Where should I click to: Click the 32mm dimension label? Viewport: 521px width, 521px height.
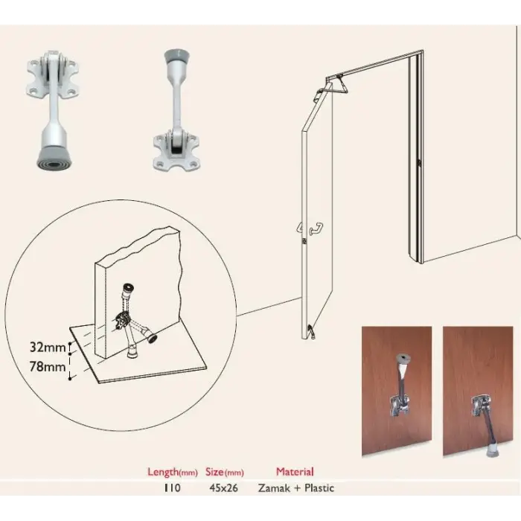[x=48, y=348]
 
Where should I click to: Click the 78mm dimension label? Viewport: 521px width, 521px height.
[x=48, y=367]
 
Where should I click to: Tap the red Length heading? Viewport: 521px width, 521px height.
[x=173, y=472]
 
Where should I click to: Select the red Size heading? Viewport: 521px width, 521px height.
[x=225, y=472]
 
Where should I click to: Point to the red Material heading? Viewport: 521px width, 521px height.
[x=295, y=471]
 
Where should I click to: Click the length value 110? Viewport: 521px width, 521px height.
[x=172, y=488]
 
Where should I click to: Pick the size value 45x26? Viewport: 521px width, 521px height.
[x=223, y=488]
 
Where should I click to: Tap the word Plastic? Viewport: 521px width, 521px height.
[x=319, y=488]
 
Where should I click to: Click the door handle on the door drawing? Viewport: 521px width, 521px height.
[x=316, y=229]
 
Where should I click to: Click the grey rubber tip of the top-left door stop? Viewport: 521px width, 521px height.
[x=55, y=159]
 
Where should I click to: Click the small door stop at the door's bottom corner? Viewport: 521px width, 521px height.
[x=311, y=332]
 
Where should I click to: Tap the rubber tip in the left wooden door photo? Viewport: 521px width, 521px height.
[x=403, y=359]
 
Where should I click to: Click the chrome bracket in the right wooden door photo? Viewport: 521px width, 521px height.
[x=481, y=406]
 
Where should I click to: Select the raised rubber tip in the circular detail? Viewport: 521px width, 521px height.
[x=127, y=287]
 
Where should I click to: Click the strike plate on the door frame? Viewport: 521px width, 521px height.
[x=420, y=162]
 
